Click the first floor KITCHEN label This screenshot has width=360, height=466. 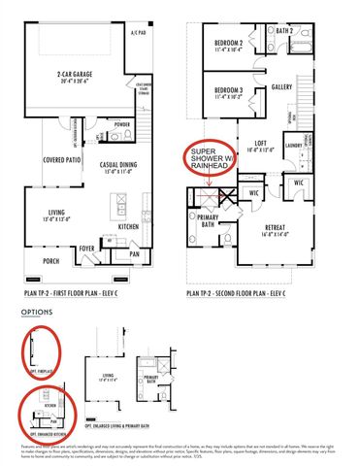[129, 226]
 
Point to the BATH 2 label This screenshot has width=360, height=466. [284, 31]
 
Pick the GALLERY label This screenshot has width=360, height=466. [283, 85]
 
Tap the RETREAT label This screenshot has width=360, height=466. [280, 227]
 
